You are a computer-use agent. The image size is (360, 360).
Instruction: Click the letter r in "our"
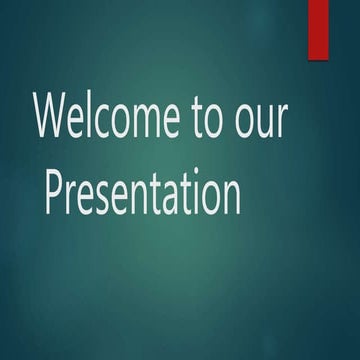pyautogui.click(x=279, y=124)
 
